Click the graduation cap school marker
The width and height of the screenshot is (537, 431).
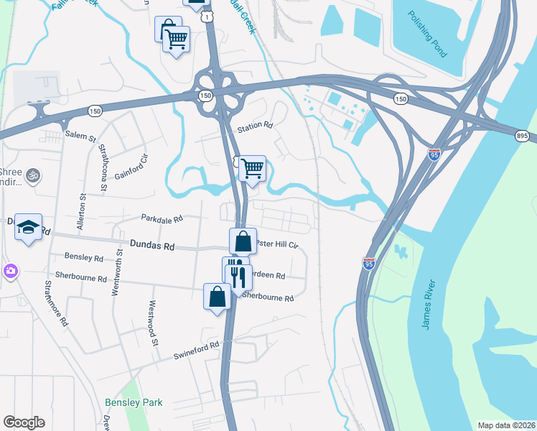pos(28,227)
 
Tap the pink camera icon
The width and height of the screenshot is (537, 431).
pos(10,271)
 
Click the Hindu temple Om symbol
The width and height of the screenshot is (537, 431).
pos(32,175)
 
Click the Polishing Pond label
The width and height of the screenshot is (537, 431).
pos(427,36)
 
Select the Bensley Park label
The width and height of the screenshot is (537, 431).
pos(134,403)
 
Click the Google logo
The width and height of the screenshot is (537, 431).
pos(24,422)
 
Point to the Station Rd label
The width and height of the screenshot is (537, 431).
pos(260,126)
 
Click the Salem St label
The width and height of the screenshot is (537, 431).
pos(80,135)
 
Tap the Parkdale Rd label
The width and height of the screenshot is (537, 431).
pos(162,218)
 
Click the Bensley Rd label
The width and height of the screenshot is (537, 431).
pos(84,257)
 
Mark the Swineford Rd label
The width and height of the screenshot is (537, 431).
pos(196,350)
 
